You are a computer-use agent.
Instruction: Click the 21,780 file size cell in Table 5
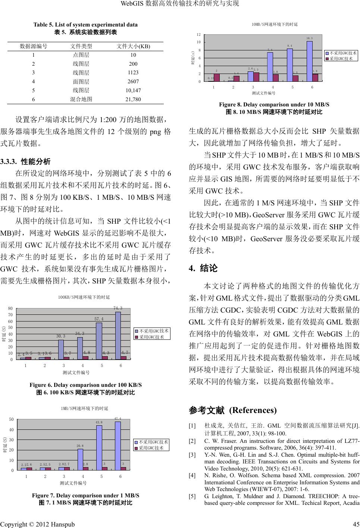tap(133, 99)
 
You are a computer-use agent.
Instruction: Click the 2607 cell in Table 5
tap(133, 81)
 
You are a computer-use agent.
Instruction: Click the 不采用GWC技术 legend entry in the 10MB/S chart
tap(341, 53)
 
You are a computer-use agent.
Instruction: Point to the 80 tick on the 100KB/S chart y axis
tap(10, 309)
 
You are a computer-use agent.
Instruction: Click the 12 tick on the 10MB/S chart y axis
tap(198, 35)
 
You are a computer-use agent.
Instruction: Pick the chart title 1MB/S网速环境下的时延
tap(84, 409)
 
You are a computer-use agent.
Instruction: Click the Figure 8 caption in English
tap(274, 105)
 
